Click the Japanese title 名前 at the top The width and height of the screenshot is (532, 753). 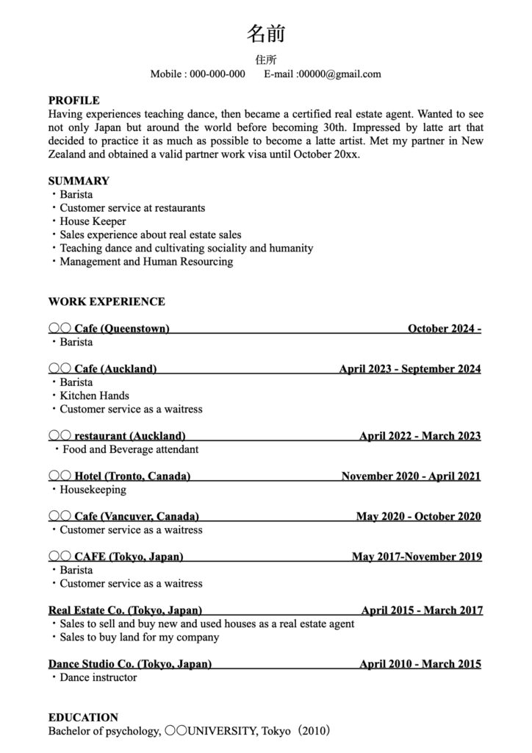(265, 33)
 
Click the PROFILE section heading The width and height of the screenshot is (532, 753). (73, 100)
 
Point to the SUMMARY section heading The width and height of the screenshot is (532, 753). (79, 181)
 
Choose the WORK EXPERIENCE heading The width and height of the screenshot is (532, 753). (107, 301)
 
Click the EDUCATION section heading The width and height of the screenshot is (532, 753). (83, 717)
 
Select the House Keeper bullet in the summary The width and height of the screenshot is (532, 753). (93, 221)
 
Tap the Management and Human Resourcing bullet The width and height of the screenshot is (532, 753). (145, 261)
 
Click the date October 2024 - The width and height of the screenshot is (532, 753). (444, 328)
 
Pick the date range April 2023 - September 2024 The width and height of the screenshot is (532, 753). (409, 368)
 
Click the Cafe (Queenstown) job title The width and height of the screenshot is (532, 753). (121, 328)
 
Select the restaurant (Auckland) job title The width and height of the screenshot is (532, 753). (129, 435)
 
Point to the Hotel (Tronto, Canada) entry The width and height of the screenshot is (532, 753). (132, 476)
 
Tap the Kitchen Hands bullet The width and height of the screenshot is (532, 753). (94, 396)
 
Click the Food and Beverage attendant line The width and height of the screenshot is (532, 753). (130, 449)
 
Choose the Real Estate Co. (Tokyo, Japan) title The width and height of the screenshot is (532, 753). (125, 610)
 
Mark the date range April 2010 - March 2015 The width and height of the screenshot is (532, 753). (420, 664)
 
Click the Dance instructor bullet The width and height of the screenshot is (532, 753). (98, 677)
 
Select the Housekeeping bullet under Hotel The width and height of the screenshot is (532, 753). (93, 489)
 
